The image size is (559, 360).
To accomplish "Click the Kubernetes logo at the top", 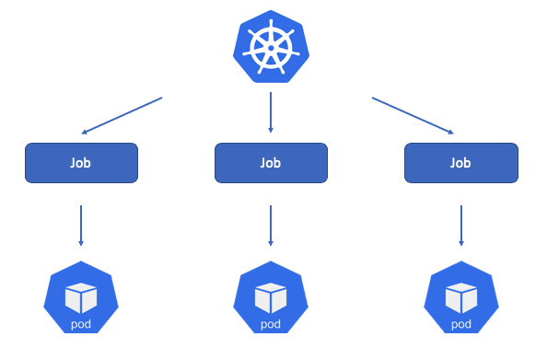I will [x=270, y=48].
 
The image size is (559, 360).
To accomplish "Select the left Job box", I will [x=81, y=163].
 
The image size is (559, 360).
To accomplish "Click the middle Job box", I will [x=271, y=163].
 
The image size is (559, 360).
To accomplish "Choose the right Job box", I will [x=460, y=163].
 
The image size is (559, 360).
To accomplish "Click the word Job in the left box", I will [x=81, y=163].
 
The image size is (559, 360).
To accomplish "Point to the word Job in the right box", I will [x=460, y=163].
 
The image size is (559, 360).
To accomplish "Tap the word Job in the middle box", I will [x=271, y=163].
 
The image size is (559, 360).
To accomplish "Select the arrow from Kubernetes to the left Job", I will [x=122, y=115].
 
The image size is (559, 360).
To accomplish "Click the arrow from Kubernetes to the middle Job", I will [x=271, y=114].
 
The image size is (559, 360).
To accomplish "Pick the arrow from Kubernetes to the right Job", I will [x=413, y=115].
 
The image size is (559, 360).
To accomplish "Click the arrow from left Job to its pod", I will [x=81, y=225].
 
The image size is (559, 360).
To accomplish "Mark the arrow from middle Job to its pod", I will [x=271, y=225].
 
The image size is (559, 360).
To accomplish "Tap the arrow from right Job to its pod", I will [x=460, y=225].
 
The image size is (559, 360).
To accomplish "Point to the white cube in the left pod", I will [x=81, y=296].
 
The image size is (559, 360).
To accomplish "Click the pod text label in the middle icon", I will [x=271, y=324].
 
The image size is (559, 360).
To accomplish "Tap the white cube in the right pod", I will [x=460, y=296].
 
